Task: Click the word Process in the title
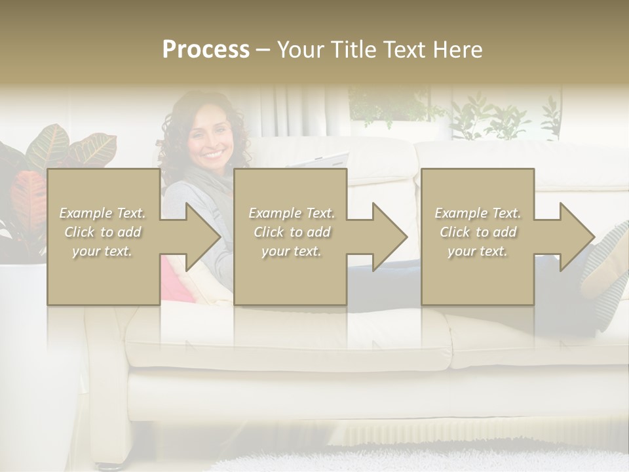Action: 206,50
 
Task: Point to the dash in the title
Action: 263,50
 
